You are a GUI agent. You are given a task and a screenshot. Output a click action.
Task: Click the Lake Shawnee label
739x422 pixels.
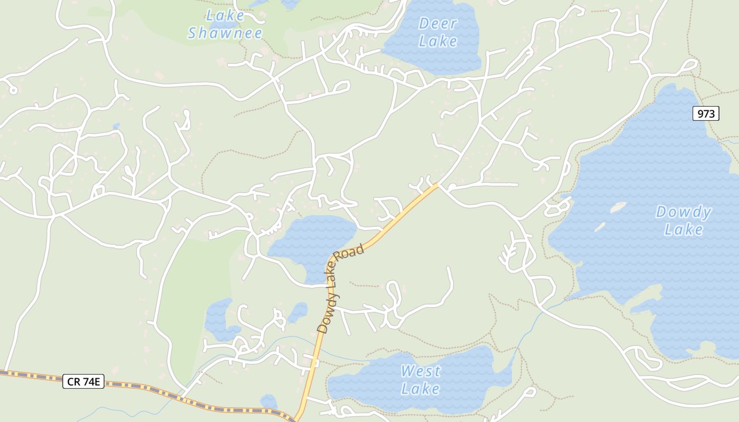coord(225,24)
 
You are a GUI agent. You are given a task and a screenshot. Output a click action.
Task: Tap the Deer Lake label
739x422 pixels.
coord(438,32)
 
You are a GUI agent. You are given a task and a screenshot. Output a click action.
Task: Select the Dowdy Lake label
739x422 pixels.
coord(684,220)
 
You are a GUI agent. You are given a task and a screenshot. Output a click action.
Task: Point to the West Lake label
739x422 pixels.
coord(420,380)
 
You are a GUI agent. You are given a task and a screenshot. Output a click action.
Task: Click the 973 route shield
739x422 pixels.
coord(706,113)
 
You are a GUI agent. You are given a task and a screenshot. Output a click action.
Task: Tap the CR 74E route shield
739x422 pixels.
coord(83,381)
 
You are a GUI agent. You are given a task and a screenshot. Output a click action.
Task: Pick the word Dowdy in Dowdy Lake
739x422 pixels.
coord(684,213)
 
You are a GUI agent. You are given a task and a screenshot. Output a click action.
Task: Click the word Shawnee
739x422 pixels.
coord(225,33)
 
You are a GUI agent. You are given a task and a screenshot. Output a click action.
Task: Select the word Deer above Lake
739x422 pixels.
coord(438,24)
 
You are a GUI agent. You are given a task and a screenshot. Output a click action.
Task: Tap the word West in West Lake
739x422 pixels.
coord(420,371)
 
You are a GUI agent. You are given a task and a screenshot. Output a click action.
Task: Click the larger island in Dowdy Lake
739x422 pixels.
coord(618,207)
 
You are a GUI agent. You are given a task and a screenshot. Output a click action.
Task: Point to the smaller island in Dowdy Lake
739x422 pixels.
coord(600,227)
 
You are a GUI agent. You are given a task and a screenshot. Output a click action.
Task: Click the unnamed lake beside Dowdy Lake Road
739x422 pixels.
coord(311,240)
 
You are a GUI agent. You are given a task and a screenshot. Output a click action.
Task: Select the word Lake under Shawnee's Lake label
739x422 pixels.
coord(225,16)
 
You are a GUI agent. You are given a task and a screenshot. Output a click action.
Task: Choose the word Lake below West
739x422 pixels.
coord(420,389)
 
